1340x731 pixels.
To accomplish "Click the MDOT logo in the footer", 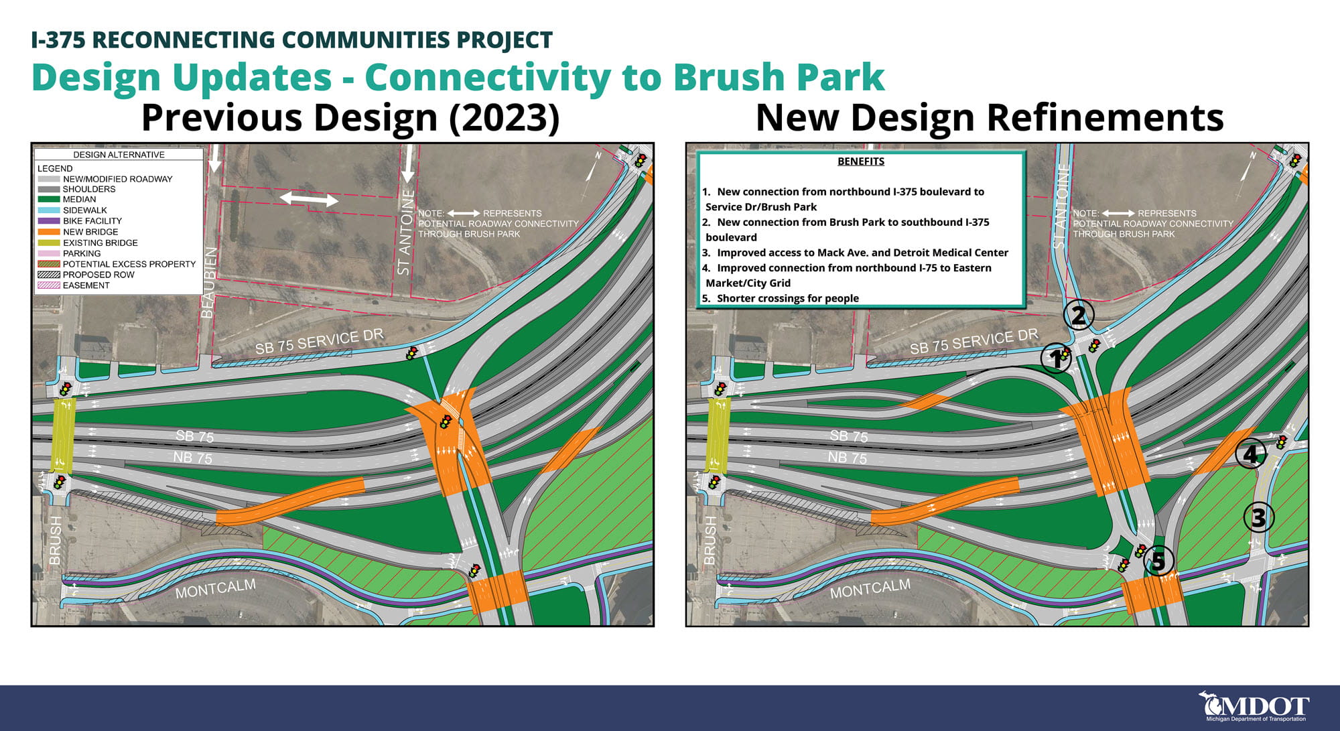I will pos(1254,707).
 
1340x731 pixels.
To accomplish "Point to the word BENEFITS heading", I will pos(860,161).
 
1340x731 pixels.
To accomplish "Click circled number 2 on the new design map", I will pos(1078,315).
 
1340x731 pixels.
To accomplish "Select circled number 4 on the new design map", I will pos(1250,454).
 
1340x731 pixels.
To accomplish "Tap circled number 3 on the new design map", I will pos(1258,517).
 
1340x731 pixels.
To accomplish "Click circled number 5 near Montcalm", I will pos(1158,561).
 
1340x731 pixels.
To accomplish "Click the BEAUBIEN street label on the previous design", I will pos(208,283).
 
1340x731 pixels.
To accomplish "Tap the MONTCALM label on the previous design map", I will pos(215,589).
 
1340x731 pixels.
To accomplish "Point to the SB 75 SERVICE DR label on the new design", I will pos(974,342).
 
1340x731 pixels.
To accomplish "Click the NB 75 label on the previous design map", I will pos(192,458).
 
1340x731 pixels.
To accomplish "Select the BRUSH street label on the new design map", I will pos(710,540).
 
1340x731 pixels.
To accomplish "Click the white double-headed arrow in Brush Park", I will pos(309,199).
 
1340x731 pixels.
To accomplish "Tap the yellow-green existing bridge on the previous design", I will pos(64,435).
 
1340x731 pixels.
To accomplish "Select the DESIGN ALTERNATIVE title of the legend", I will pos(119,155).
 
